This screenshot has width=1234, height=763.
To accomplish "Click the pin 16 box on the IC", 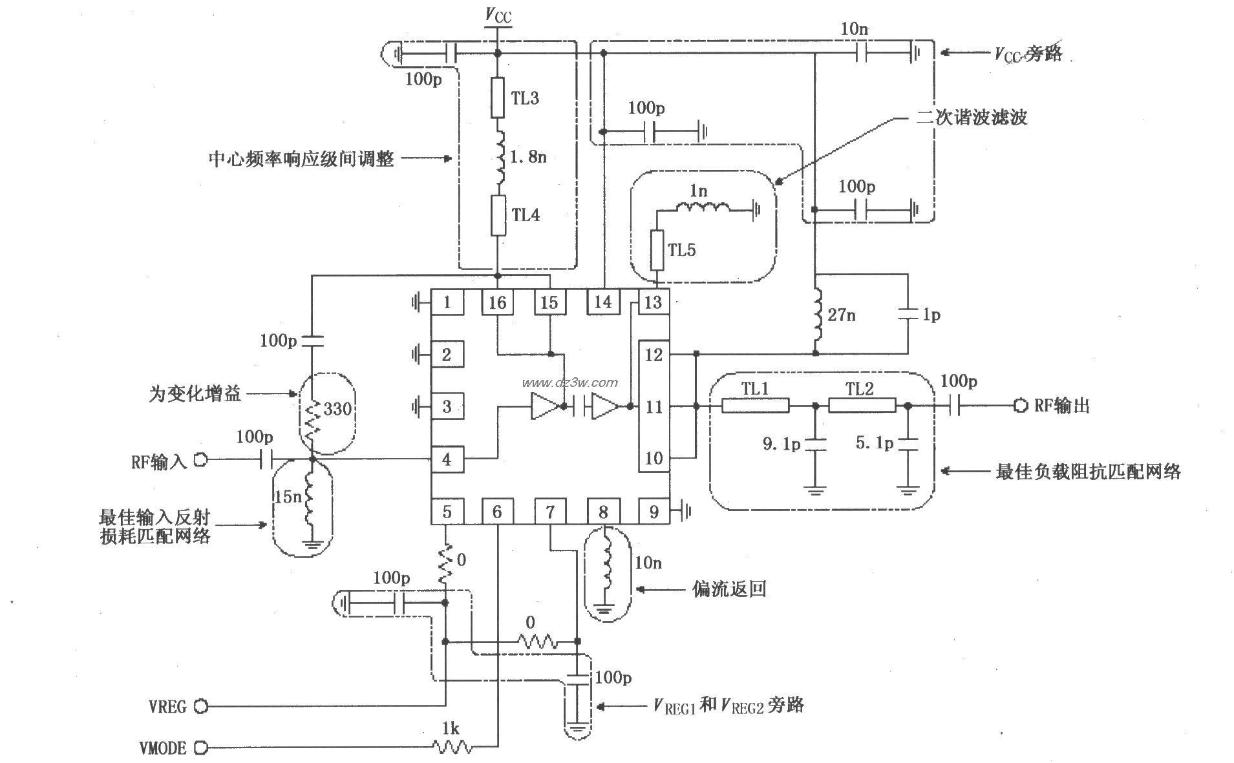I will point(497,302).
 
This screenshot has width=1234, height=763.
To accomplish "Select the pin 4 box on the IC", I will point(447,459).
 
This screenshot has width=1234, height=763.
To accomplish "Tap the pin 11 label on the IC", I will point(654,406).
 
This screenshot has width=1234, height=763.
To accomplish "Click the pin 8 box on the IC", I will point(602,512).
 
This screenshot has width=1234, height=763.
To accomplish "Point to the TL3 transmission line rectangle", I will point(497,98).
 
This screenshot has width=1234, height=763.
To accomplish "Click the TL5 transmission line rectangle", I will point(657,250).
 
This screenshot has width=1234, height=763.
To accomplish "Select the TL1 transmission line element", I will point(755,406).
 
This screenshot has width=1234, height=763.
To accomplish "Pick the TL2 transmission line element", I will point(862,406).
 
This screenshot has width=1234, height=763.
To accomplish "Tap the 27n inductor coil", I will point(816,315).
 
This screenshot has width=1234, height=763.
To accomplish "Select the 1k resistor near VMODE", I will point(451,747).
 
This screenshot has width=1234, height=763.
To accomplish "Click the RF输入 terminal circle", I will point(201,460).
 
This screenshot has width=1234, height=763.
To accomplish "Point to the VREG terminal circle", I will point(201,706).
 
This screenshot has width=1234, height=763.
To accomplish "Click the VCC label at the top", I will point(498,16).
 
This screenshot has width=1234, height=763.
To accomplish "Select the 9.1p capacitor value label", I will point(781,444).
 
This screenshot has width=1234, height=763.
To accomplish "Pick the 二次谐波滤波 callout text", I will point(972,117).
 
